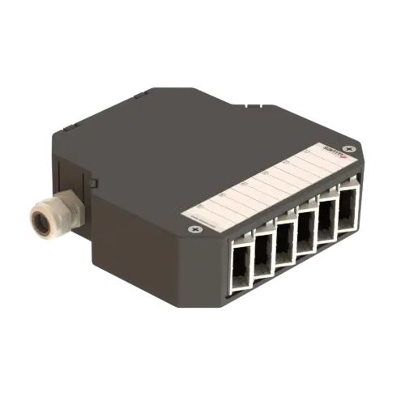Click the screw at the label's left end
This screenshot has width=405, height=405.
pyautogui.click(x=193, y=228)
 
